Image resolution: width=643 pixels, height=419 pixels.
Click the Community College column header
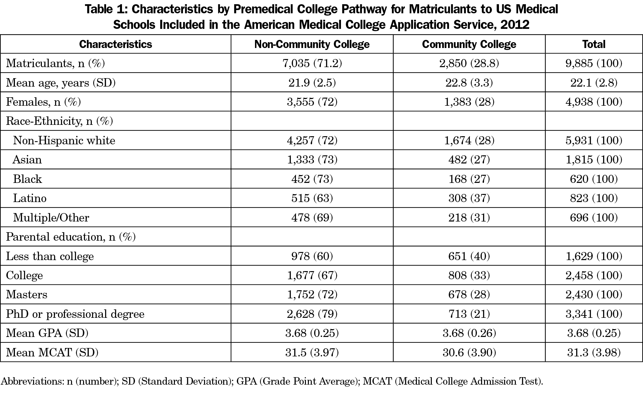click(x=469, y=44)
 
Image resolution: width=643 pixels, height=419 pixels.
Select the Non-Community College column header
click(x=312, y=44)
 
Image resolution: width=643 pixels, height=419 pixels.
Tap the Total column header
click(x=594, y=44)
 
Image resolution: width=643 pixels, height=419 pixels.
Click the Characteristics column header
click(x=115, y=44)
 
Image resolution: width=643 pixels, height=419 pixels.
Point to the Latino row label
click(x=30, y=198)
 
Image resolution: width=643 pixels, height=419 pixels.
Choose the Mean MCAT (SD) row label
click(x=52, y=352)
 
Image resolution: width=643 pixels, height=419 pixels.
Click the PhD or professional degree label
click(x=75, y=314)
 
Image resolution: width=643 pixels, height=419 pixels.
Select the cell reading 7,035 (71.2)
click(x=312, y=63)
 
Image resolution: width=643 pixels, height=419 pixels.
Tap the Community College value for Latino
click(x=469, y=198)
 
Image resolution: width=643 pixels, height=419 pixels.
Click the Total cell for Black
click(x=594, y=179)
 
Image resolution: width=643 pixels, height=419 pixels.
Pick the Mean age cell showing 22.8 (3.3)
click(x=469, y=83)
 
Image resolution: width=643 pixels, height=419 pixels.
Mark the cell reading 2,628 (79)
click(x=312, y=314)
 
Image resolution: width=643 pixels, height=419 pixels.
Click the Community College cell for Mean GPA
click(x=469, y=333)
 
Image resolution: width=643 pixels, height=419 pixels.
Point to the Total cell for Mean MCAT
click(x=594, y=352)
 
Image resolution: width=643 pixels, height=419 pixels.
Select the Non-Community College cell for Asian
click(x=312, y=160)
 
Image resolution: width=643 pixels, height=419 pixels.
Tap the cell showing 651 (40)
click(x=469, y=256)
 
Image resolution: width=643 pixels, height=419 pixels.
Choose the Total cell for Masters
click(x=594, y=294)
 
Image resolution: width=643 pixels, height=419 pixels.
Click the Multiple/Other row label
click(x=51, y=218)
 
